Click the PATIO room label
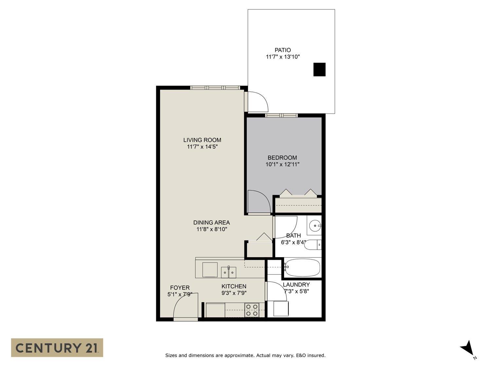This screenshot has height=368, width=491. click(282, 50)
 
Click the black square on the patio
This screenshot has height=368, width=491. click(319, 69)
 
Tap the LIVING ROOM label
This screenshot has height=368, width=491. click(202, 140)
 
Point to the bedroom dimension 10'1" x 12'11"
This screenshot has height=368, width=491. click(282, 165)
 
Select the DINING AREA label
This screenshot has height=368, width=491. click(211, 222)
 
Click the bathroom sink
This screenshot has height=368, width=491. click(315, 225)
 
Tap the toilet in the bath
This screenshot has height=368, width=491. click(313, 245)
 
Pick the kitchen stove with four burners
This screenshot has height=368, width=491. click(252, 310)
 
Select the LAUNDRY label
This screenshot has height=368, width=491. click(296, 285)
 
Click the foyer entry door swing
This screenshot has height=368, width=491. click(185, 306)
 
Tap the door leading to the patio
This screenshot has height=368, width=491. click(257, 102)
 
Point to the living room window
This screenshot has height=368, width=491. click(215, 88)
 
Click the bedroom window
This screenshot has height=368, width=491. click(281, 115)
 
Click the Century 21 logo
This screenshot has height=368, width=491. click(57, 347)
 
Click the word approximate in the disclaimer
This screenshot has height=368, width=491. click(238, 355)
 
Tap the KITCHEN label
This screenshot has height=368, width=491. click(234, 286)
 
